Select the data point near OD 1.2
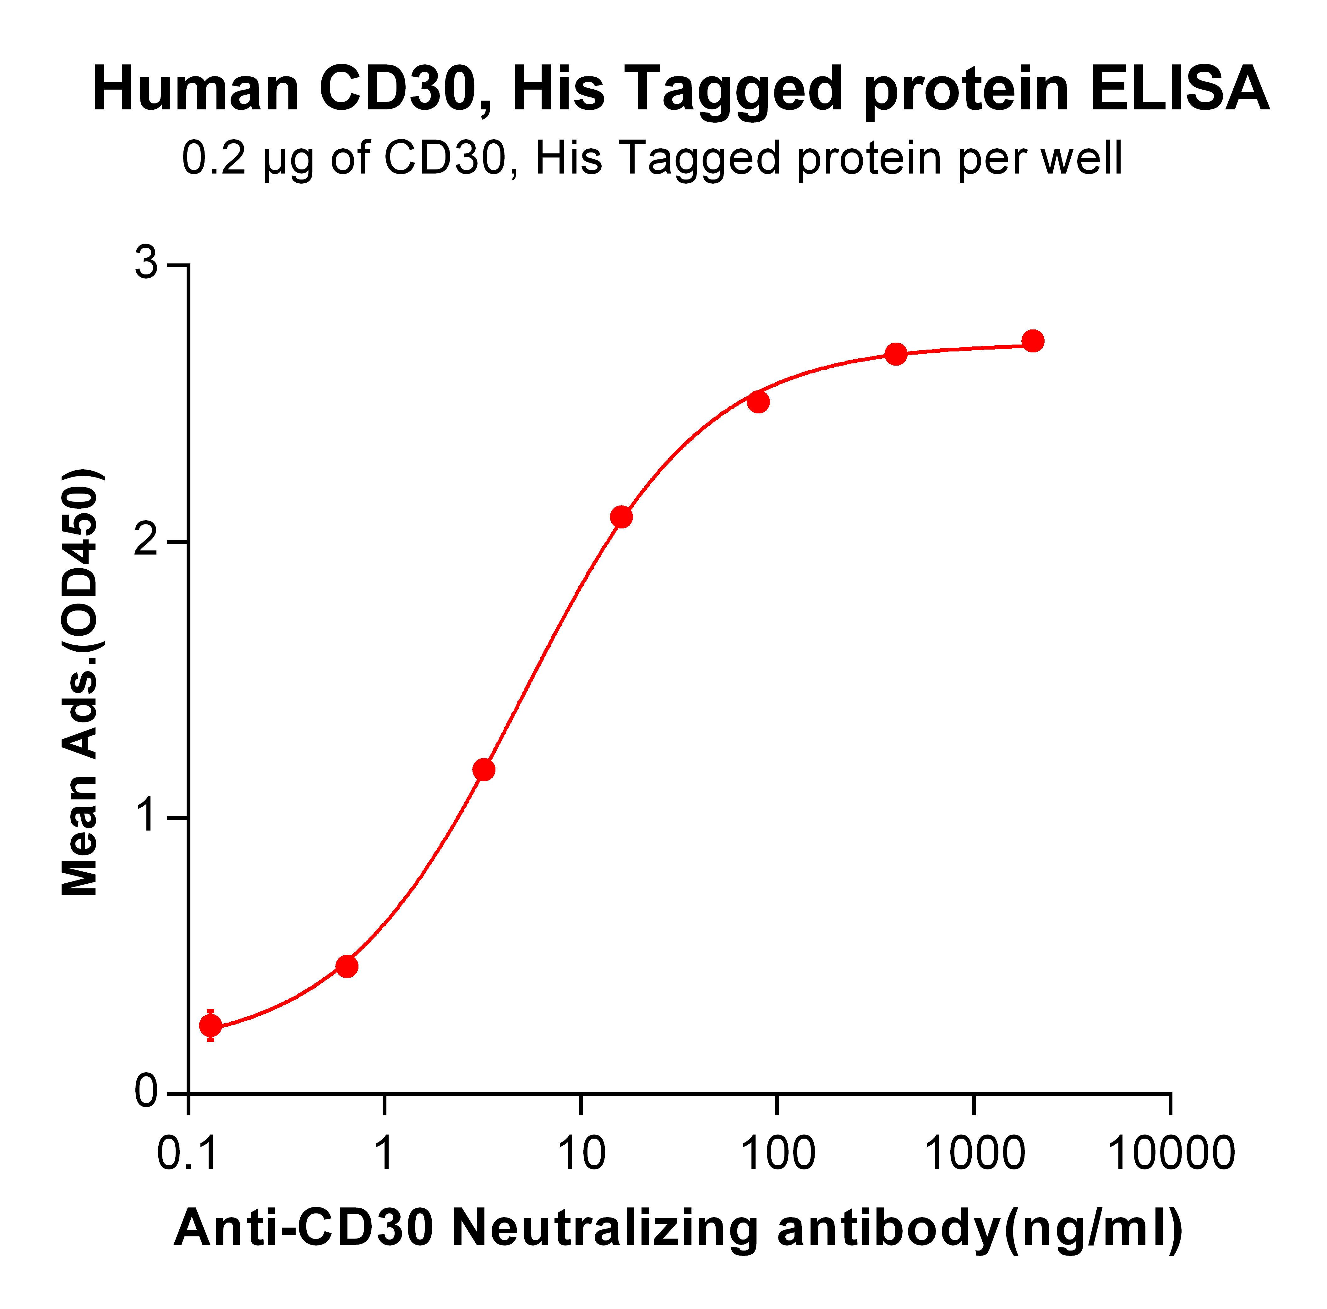point(483,770)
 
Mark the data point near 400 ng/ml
point(896,355)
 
